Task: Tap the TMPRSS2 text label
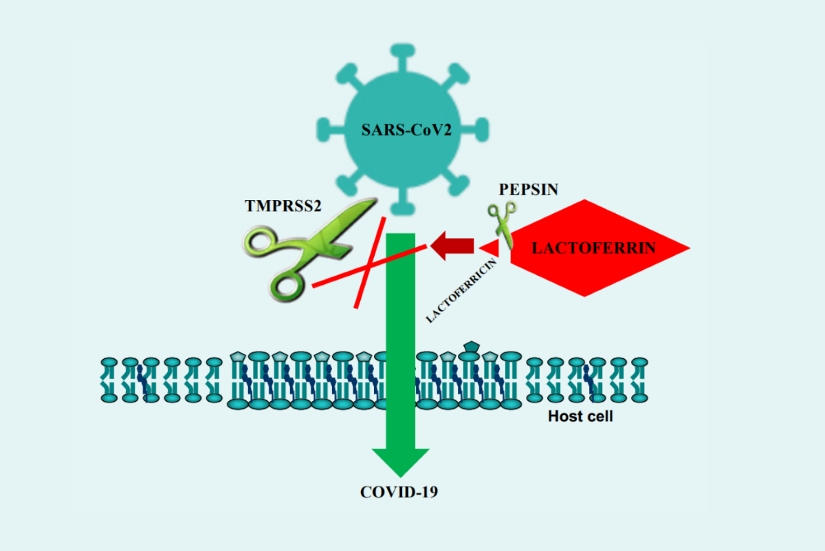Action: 283,205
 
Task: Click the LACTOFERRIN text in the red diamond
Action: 593,248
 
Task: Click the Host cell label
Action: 580,415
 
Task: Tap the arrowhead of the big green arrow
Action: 400,462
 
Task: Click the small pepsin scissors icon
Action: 503,223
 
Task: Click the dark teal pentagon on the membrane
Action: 471,347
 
